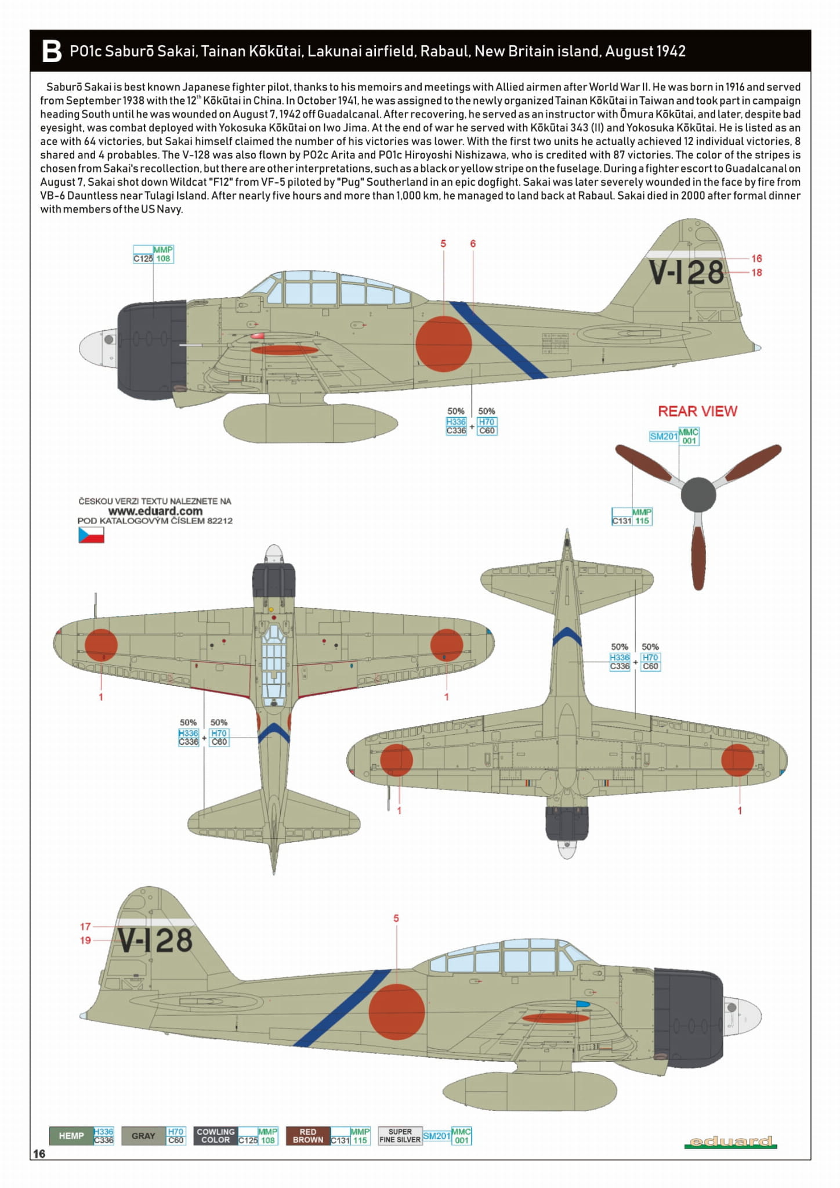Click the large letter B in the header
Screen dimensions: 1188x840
(x=52, y=51)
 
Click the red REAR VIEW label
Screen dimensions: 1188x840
(x=697, y=411)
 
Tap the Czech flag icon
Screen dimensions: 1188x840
(x=91, y=535)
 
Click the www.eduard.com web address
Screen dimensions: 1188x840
(x=155, y=511)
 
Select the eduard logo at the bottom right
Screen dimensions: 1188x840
(x=730, y=1142)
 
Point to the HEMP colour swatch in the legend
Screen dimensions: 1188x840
(x=71, y=1136)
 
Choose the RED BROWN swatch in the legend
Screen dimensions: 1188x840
(x=308, y=1136)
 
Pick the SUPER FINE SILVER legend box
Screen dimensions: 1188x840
(x=400, y=1136)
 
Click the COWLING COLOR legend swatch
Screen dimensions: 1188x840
(x=216, y=1136)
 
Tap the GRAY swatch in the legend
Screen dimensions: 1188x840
(x=143, y=1136)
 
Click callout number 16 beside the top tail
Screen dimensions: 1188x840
(x=756, y=259)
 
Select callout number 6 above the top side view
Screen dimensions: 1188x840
(x=473, y=244)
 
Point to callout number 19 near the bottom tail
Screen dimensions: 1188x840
(x=85, y=940)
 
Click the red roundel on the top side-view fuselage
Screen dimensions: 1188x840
(x=444, y=344)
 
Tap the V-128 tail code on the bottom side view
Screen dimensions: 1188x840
(x=155, y=941)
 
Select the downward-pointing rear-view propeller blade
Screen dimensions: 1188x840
(x=698, y=556)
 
